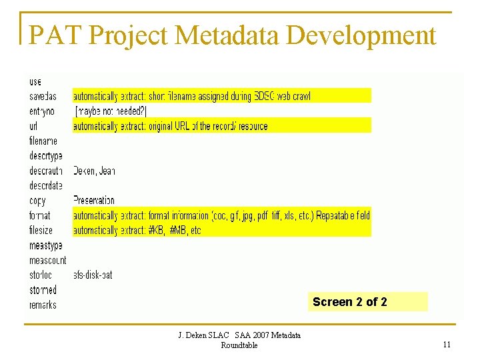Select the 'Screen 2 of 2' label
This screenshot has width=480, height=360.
[x=349, y=302]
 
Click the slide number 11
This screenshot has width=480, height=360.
[x=447, y=344]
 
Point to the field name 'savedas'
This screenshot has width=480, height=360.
[x=43, y=96]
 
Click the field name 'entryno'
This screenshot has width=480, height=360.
[x=42, y=111]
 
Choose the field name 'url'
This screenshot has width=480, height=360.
[x=33, y=126]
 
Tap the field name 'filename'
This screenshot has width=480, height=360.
[x=43, y=141]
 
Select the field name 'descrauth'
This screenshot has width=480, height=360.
[x=46, y=171]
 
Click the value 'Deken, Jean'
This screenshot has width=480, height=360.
[x=94, y=171]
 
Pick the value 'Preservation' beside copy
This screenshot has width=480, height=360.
[x=93, y=200]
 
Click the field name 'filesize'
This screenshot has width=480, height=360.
[x=41, y=230]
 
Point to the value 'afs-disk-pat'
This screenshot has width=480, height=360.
[x=93, y=275]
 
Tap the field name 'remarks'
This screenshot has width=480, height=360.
[x=43, y=305]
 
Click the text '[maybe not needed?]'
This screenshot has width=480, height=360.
[x=111, y=111]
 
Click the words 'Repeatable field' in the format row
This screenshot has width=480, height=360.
[x=343, y=215]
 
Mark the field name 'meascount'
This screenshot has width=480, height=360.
[x=47, y=260]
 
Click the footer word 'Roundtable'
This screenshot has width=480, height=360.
[x=239, y=345]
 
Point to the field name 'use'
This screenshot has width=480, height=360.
[x=35, y=81]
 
